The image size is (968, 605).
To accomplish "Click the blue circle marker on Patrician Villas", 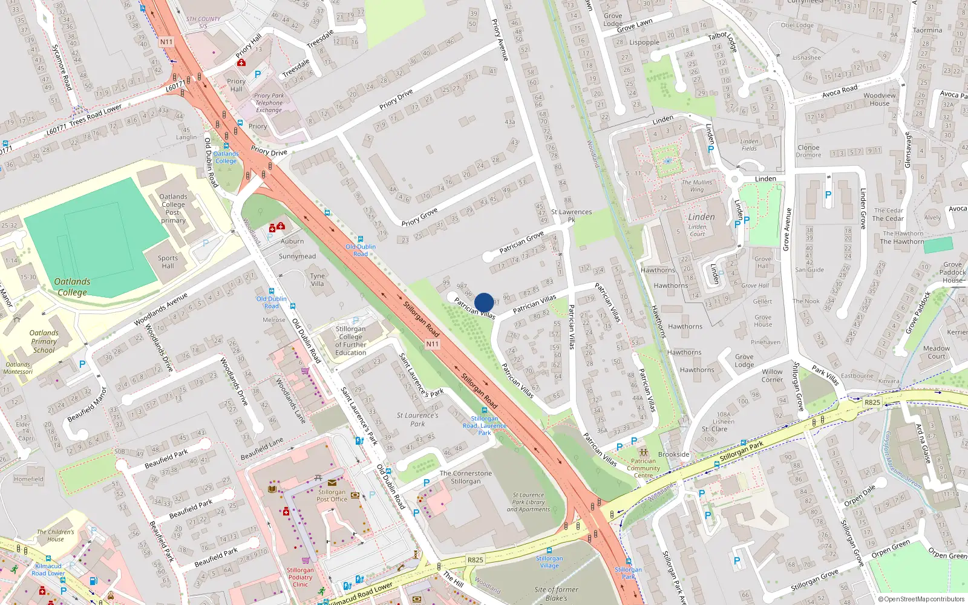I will [x=484, y=302].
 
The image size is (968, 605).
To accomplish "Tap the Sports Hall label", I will [x=168, y=262].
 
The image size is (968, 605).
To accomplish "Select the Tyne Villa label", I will [x=317, y=280].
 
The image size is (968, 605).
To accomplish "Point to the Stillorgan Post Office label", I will [x=332, y=495].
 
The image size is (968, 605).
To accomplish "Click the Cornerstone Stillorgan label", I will [x=465, y=477].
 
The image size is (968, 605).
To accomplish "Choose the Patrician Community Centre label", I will [x=643, y=468].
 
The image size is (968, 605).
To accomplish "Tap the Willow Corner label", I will [x=772, y=376].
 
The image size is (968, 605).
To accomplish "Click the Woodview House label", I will [x=879, y=99].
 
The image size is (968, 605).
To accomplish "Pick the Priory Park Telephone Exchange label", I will [x=269, y=103].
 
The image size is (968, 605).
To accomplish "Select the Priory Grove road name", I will [x=419, y=217].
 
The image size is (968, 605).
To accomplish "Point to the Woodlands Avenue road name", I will [x=161, y=310].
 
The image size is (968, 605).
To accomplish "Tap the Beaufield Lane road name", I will [x=262, y=449].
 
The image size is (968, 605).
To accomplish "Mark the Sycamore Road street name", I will [x=61, y=67].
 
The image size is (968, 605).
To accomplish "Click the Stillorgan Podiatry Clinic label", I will [x=300, y=577].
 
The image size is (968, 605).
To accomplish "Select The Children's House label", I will [x=55, y=535].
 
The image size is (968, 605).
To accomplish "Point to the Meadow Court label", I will [x=936, y=352].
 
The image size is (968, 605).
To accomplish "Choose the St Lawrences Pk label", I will [x=571, y=215].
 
